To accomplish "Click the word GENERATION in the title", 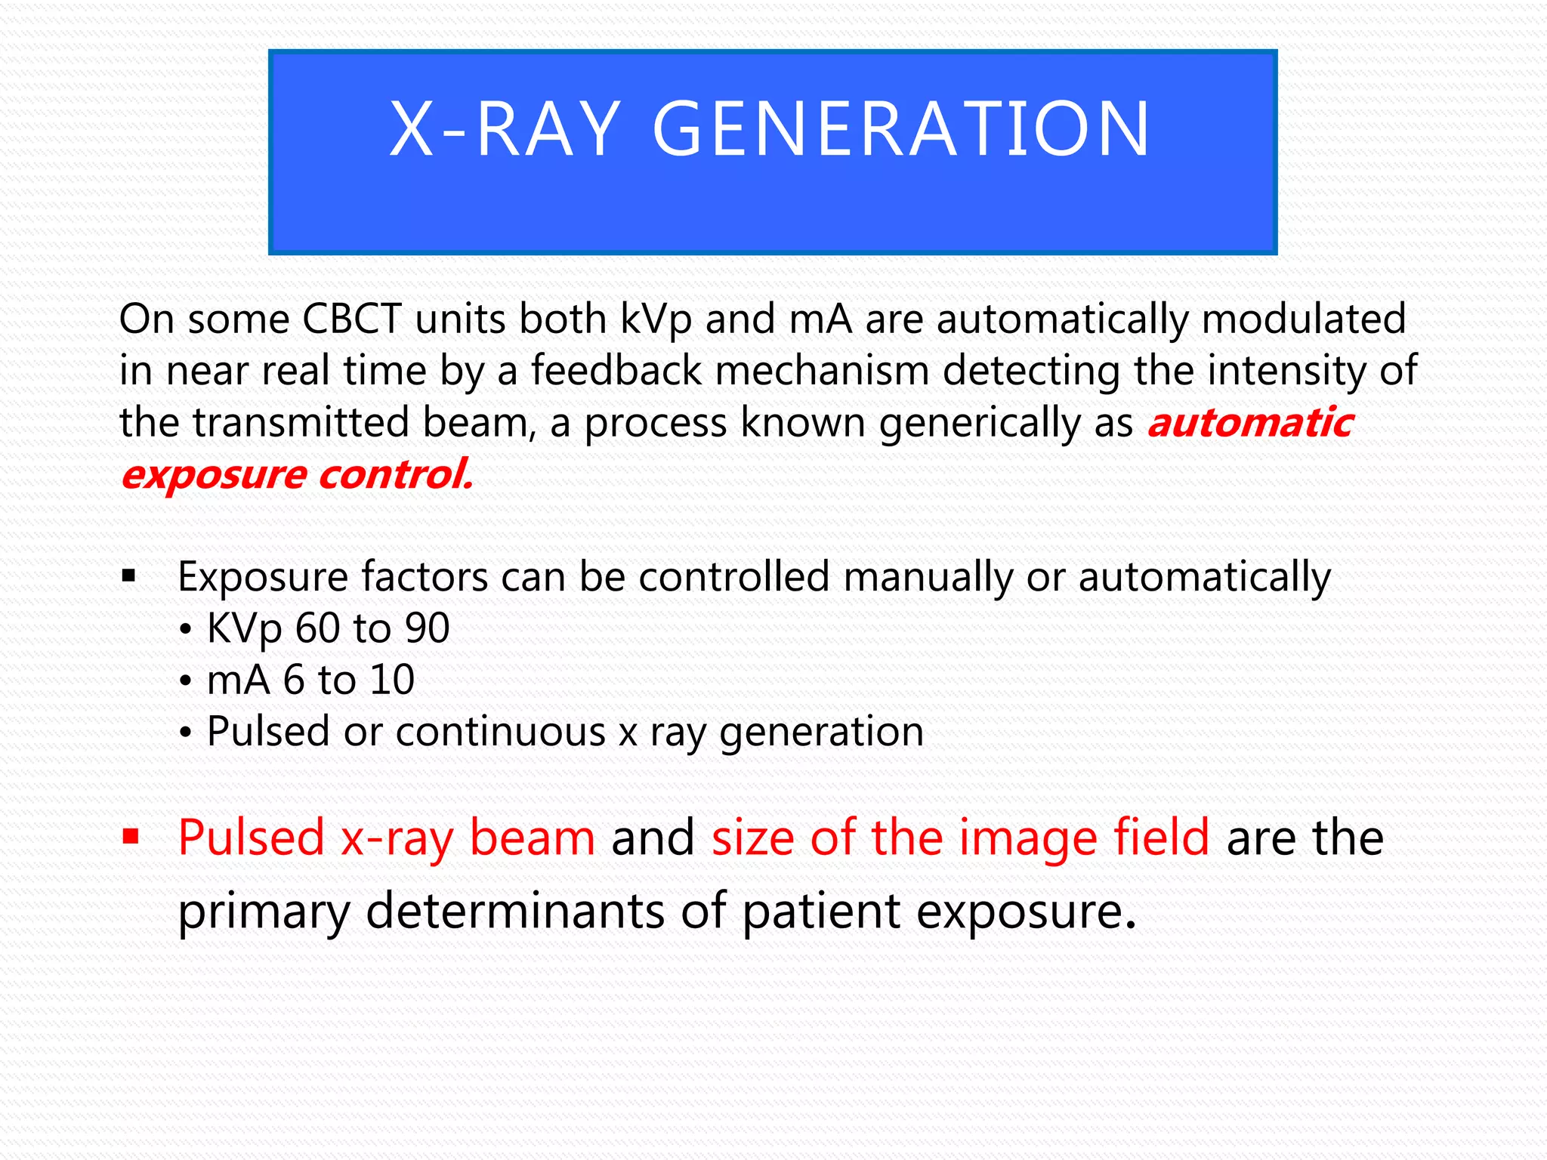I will [x=900, y=130].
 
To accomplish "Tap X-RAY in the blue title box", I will [x=505, y=130].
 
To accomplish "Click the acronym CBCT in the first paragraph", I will [x=351, y=319].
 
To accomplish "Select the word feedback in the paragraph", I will [x=616, y=371].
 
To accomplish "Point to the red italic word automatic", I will [x=1250, y=422].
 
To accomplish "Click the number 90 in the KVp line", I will [x=427, y=628].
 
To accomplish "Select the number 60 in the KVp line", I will [x=318, y=628].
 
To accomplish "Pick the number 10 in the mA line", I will [x=391, y=680].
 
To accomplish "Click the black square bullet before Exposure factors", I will [x=129, y=578].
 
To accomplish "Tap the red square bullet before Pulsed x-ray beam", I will [x=131, y=837].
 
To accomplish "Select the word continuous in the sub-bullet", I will [x=500, y=732].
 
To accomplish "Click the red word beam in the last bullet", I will [x=532, y=838].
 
